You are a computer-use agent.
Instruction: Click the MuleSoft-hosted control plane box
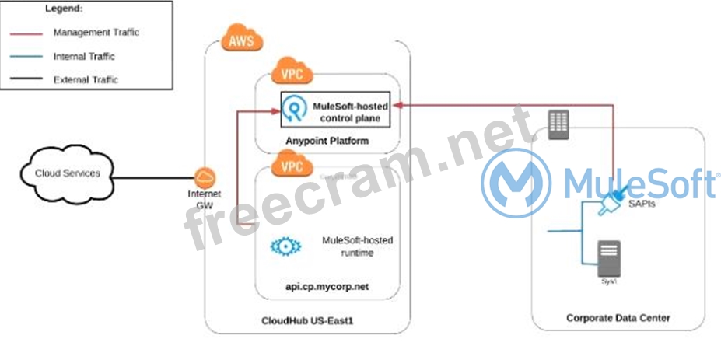(336, 110)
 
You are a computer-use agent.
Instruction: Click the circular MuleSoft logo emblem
(516, 183)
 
